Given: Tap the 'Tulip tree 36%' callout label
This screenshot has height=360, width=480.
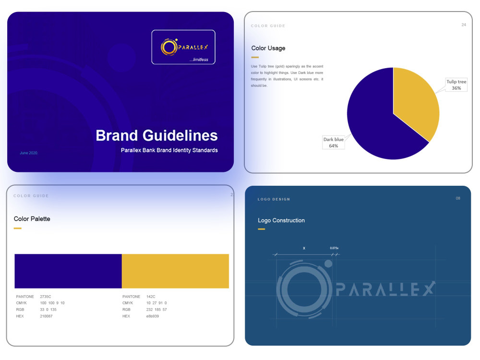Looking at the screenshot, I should (x=456, y=85).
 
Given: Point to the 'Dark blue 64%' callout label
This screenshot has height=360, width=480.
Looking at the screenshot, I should (x=334, y=143).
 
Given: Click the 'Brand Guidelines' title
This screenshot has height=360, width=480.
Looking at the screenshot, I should (x=156, y=135).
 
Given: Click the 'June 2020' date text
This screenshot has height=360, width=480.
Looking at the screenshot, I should (x=29, y=153).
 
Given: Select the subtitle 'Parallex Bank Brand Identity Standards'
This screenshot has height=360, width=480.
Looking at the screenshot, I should (x=169, y=150).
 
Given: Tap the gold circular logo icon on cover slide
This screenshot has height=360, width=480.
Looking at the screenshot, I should (x=169, y=47).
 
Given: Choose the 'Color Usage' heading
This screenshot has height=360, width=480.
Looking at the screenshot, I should (x=268, y=48).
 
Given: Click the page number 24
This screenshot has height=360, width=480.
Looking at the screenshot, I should (x=464, y=25).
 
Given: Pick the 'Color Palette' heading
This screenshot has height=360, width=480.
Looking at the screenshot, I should (x=32, y=219).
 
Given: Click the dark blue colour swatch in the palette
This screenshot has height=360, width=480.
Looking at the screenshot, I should (x=68, y=271).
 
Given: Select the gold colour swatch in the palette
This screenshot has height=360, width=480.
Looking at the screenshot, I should (x=175, y=271).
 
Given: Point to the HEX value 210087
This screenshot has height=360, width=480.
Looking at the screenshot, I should (x=46, y=316).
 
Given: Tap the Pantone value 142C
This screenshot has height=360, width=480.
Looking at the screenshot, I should (x=151, y=297).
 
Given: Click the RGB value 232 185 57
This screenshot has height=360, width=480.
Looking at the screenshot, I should (x=156, y=310).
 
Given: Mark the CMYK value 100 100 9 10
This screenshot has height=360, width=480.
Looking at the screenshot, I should (x=52, y=303).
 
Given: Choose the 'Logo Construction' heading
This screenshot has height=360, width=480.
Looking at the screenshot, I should (x=281, y=220).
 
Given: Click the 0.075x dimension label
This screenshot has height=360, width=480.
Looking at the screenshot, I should (x=334, y=248).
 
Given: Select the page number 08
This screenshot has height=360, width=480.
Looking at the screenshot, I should (x=458, y=198).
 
